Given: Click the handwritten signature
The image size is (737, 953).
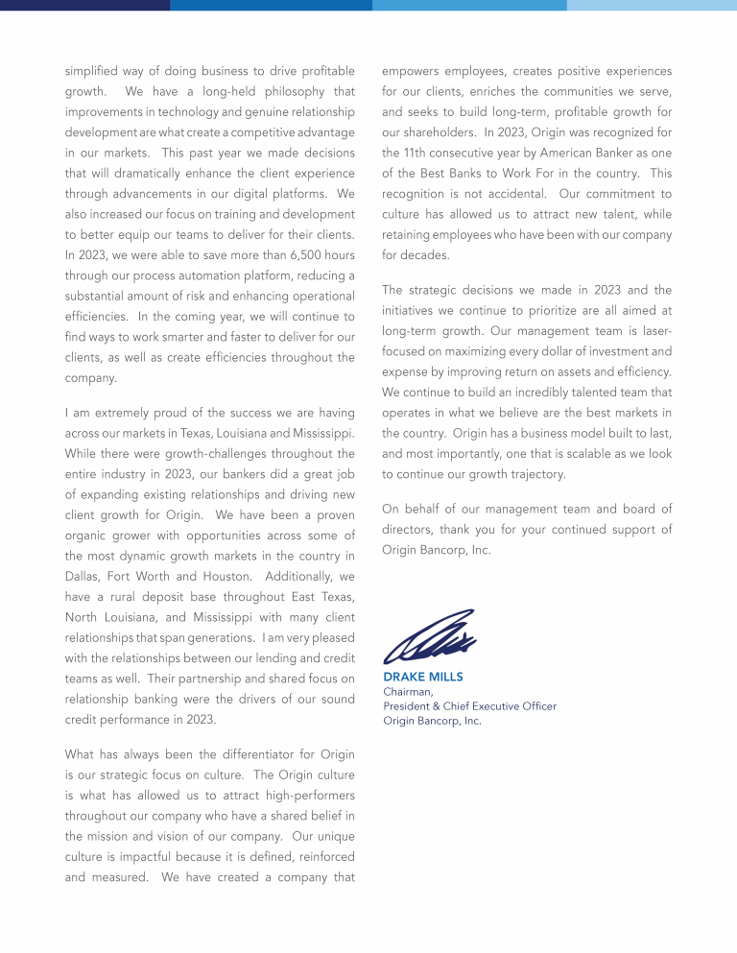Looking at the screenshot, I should pos(429,637).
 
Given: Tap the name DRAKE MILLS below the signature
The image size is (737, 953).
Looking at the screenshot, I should pos(423,677).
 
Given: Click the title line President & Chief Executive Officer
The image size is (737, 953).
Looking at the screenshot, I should pos(469,706).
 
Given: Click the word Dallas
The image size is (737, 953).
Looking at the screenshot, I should pos(83,576).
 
